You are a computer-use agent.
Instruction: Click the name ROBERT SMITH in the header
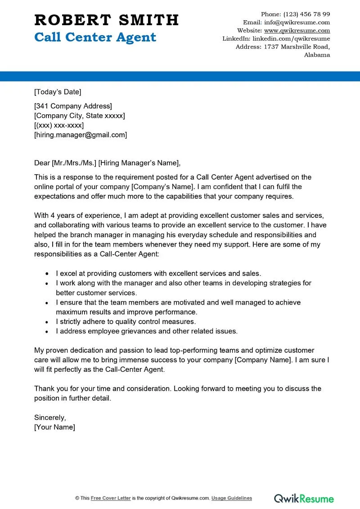tap(106, 20)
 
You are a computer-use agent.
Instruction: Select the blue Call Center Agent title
tap(95, 37)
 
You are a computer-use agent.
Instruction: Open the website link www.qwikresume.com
tap(297, 31)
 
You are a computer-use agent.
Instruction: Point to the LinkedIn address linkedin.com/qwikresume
tap(291, 39)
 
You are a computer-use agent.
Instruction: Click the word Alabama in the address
tap(317, 55)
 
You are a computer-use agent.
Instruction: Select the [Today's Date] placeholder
tap(58, 92)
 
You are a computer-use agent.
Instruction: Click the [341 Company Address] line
tap(73, 106)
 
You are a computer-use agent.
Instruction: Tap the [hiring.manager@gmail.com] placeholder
tap(81, 135)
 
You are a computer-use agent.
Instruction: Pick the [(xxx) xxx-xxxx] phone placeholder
tap(59, 125)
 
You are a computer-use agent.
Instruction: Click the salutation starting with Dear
tap(107, 163)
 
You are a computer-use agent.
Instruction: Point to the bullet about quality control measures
tap(126, 322)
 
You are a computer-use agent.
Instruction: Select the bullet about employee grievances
tap(146, 331)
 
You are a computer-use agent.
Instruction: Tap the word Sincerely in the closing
tap(50, 418)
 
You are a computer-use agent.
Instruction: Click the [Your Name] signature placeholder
tap(54, 427)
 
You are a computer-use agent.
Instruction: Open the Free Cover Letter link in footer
tap(111, 498)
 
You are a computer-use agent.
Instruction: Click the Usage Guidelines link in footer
tap(232, 498)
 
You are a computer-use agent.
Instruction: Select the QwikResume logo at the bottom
tap(304, 498)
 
